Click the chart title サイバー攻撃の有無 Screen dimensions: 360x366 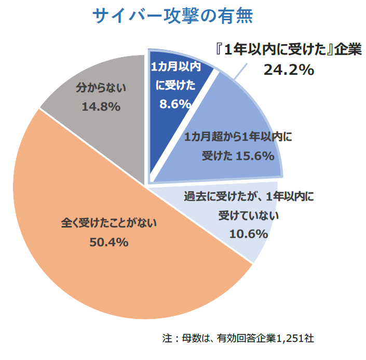point(173,17)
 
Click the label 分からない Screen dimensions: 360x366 point(101,88)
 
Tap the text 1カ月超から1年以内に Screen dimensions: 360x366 point(239,137)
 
